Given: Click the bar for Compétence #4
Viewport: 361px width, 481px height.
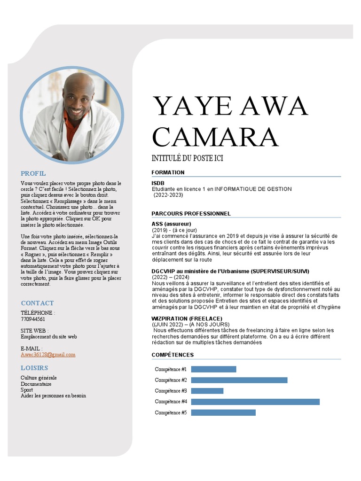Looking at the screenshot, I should click(255, 402).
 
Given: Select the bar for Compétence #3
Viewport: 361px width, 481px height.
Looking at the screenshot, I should click(207, 391).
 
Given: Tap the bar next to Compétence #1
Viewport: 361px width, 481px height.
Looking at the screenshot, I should click(213, 369).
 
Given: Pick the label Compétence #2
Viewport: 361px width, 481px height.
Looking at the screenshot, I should click(171, 380).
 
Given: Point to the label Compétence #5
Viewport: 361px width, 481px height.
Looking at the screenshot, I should click(171, 412).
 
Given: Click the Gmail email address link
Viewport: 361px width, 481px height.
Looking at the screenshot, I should click(48, 355).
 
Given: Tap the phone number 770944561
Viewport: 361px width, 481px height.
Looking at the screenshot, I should click(33, 319).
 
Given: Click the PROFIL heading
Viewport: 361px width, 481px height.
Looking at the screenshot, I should click(33, 173).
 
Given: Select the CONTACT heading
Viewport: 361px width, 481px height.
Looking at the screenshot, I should click(37, 303).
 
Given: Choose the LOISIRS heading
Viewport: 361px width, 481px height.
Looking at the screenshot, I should click(34, 368).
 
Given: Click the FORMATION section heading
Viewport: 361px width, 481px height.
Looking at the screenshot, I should click(168, 172).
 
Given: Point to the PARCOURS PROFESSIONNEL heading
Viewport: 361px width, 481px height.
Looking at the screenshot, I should click(191, 214).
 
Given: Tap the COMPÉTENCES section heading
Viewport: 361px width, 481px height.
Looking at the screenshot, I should click(173, 355).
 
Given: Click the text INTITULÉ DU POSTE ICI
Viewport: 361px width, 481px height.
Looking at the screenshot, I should click(187, 158).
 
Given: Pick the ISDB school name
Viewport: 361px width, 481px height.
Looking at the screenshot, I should click(158, 183).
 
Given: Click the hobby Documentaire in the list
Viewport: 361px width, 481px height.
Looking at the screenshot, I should click(36, 384).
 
